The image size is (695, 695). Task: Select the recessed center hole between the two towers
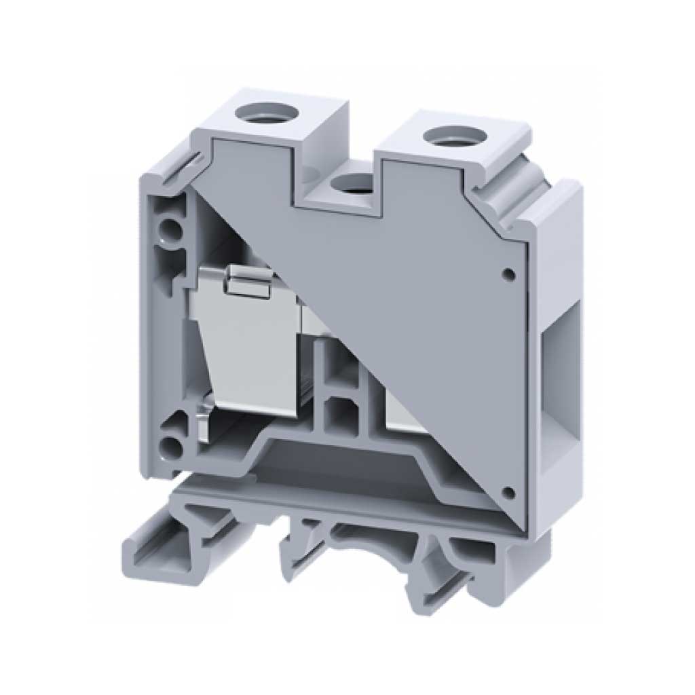348,182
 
